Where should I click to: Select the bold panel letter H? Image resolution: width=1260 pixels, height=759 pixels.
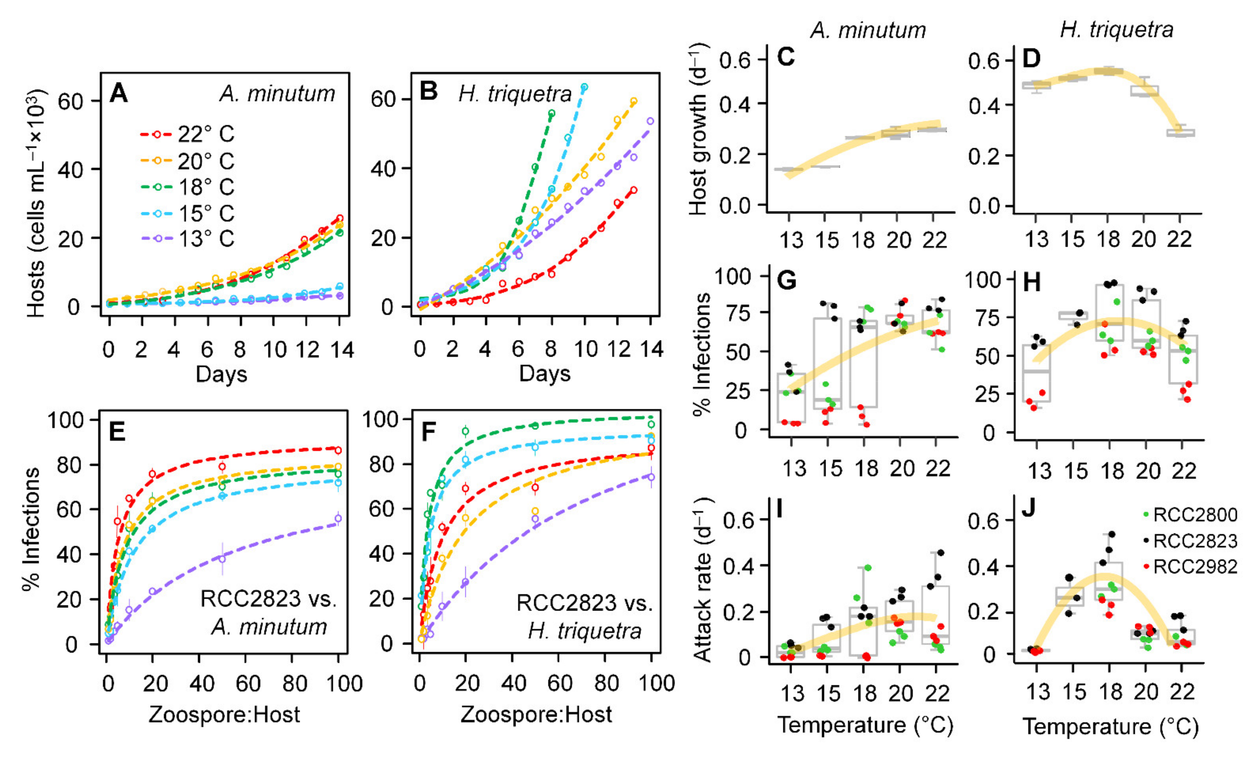coord(1031,283)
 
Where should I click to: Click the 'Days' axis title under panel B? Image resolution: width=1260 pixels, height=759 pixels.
coord(544,374)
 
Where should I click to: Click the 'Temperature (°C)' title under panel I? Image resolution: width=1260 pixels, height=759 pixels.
coord(865,725)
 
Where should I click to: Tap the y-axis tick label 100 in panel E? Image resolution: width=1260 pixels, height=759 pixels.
coord(66,420)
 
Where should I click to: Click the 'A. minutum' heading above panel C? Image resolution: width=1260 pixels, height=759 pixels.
coord(868,31)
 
